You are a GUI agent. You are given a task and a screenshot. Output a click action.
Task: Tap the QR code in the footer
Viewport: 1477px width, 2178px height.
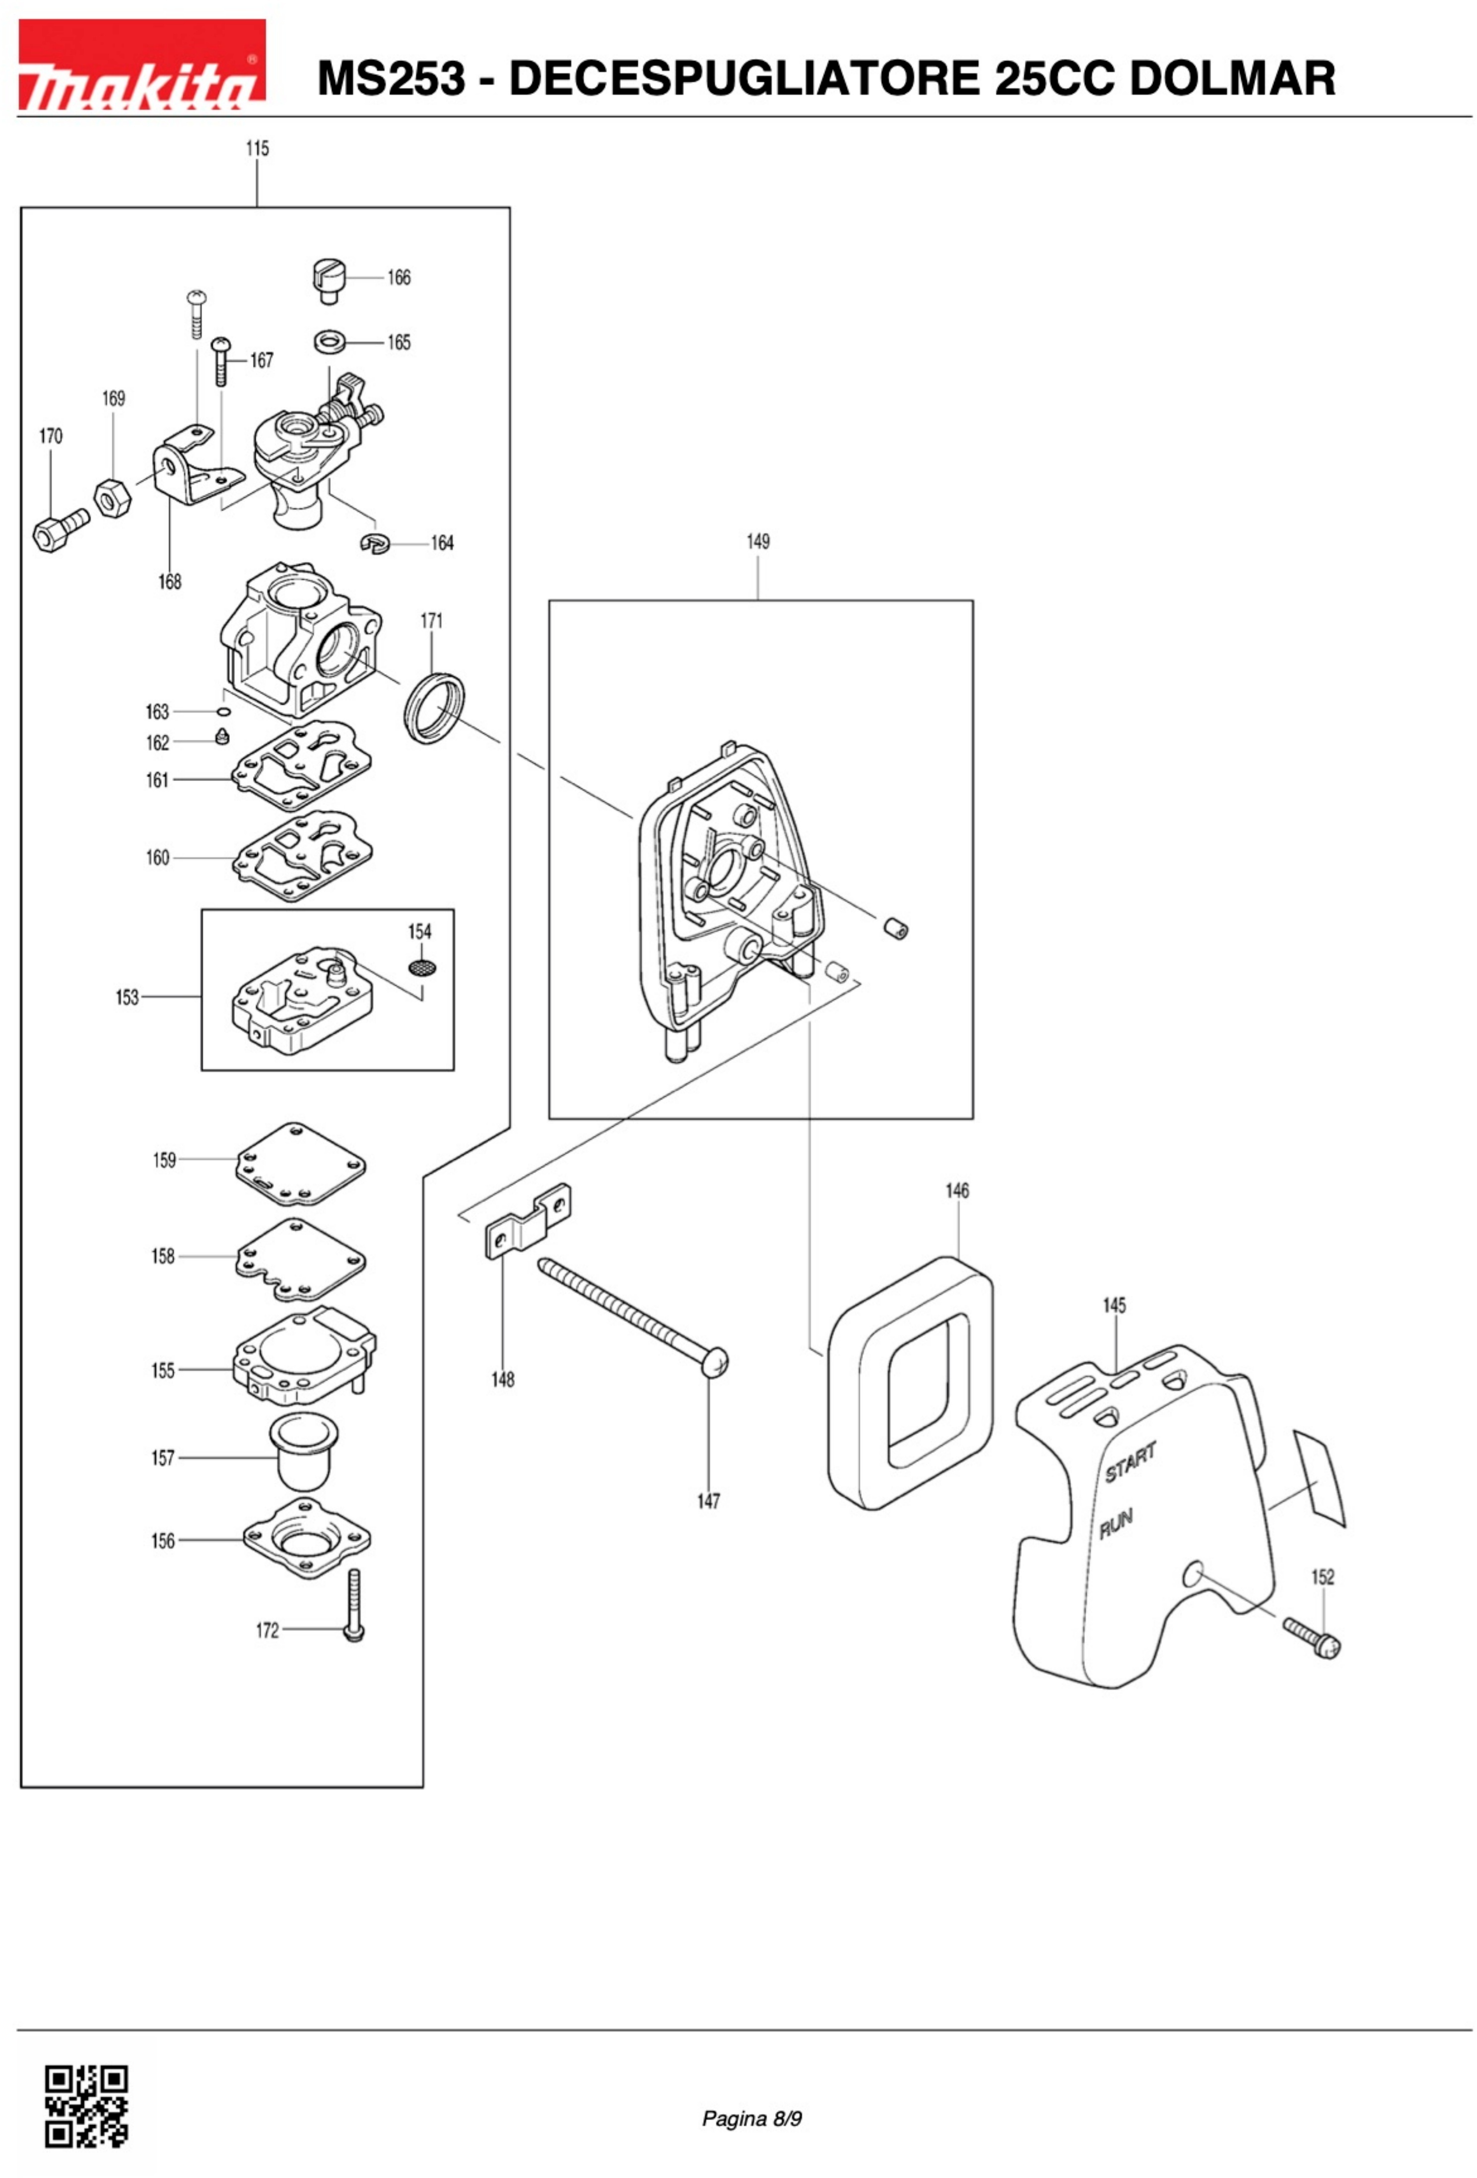pyautogui.click(x=86, y=2103)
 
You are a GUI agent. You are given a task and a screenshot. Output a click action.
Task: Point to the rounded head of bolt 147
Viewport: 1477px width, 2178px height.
pyautogui.click(x=714, y=1362)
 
